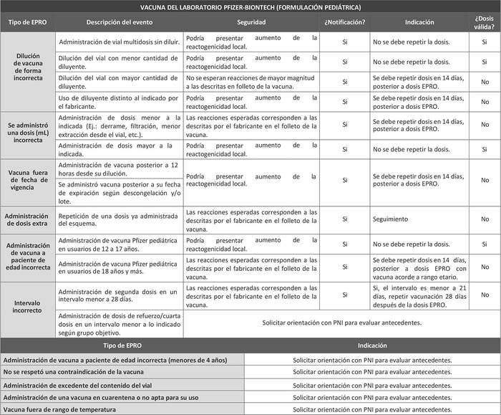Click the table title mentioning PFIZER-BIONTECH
[250, 7]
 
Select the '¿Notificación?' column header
[345, 23]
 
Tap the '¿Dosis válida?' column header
[485, 23]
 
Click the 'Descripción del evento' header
[120, 23]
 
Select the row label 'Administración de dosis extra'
[27, 219]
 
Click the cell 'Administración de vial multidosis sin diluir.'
[119, 43]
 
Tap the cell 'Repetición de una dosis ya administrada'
[119, 219]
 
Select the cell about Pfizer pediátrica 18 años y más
[119, 267]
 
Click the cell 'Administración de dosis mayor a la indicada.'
[119, 149]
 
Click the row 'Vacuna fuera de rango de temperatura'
[122, 409]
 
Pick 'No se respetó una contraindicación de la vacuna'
[122, 372]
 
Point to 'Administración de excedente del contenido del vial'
[122, 384]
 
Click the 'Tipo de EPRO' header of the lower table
[122, 345]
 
